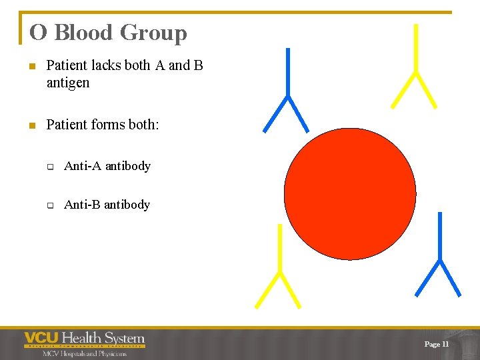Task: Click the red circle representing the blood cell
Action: [350, 194]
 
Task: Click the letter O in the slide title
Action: [39, 33]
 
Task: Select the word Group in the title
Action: [153, 33]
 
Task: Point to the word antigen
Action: [68, 83]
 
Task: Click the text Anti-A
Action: [83, 165]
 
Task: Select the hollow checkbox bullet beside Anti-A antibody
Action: [50, 167]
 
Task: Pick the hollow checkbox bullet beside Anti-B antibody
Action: [50, 205]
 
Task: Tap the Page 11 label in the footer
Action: [437, 344]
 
